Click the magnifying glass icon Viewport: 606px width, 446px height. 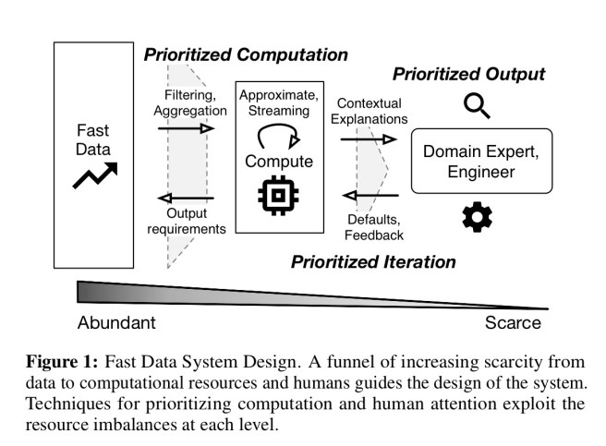[477, 109]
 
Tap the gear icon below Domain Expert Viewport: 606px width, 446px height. [477, 217]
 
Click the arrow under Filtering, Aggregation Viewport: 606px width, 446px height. [186, 128]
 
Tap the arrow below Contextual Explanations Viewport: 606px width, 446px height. [369, 139]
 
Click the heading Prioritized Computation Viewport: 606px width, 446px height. [246, 54]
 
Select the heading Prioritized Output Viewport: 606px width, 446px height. [469, 74]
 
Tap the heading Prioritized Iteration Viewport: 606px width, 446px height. [373, 261]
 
